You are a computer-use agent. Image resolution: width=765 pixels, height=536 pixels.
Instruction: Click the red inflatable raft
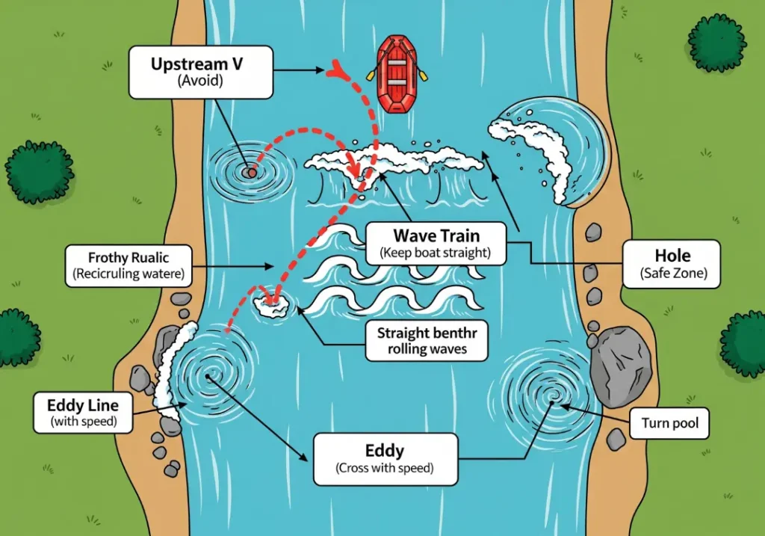point(396,74)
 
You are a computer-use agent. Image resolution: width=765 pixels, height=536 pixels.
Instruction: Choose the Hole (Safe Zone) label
point(671,264)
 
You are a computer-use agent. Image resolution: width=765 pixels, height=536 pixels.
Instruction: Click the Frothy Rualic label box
point(128,265)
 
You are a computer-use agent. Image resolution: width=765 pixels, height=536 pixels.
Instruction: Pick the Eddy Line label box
point(83,413)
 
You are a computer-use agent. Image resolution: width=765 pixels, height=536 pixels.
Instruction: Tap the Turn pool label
point(669,424)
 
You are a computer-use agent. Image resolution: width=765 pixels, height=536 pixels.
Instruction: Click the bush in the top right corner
point(716,43)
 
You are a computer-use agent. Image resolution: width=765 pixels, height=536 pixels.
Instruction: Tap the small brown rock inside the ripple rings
point(250,173)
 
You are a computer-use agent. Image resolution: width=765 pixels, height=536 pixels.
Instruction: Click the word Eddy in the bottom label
point(385,451)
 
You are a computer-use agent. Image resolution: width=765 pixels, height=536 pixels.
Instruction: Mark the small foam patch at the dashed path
point(271,304)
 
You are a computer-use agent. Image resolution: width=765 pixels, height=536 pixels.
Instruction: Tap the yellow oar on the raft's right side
point(423,76)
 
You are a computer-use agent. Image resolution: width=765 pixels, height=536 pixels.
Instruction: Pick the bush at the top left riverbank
point(40,171)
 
